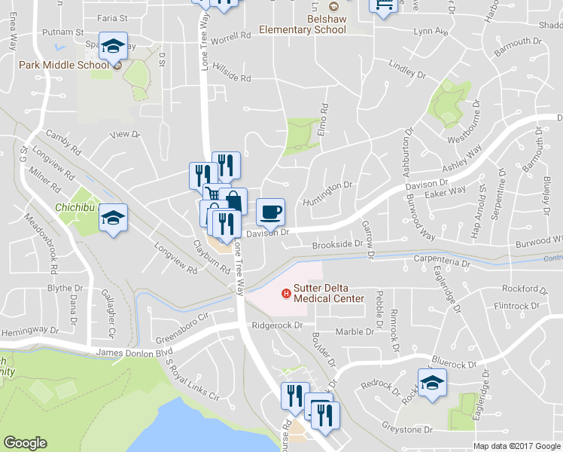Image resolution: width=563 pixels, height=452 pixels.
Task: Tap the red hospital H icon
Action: pos(285,293)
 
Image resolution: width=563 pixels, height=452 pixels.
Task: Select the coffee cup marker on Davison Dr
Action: pos(271,212)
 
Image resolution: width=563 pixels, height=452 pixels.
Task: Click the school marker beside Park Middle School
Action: pos(113,48)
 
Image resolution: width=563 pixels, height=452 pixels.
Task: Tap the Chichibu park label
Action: pos(73,206)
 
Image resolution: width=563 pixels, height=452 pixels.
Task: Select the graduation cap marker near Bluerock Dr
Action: pos(432,382)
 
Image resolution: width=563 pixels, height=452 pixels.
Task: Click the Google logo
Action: pos(25,443)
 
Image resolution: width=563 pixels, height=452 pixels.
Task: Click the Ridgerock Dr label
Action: pos(277,326)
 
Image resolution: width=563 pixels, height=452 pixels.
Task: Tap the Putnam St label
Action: pos(64,33)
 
